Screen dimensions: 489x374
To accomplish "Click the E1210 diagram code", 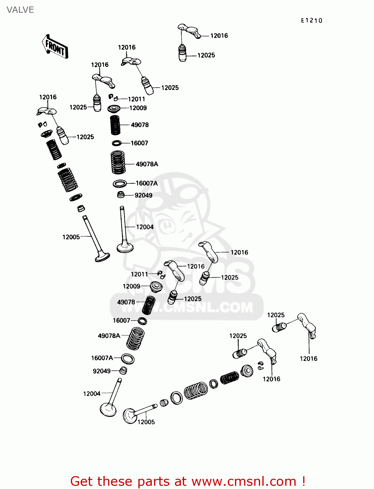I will point(311,21).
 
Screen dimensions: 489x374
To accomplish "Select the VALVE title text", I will point(20,10).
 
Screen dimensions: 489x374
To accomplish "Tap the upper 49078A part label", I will point(147,164).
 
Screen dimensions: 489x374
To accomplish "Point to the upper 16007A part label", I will point(147,183).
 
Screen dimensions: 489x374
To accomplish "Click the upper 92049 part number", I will point(143,195).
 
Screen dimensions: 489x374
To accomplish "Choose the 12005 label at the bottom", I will point(146,422).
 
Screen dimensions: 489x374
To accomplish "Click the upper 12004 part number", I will point(145,227).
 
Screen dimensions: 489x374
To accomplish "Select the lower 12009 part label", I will point(131,286).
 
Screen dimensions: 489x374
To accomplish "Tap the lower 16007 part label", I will point(121,320).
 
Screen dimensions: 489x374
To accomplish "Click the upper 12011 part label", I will point(136,99).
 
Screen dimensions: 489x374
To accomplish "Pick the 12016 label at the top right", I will point(219,36).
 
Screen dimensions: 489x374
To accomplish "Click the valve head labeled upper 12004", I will point(125,248).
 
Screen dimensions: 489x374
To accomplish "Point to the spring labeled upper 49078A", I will point(118,162).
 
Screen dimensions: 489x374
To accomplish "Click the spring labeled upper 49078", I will point(115,125).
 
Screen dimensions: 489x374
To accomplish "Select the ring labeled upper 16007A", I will point(120,184).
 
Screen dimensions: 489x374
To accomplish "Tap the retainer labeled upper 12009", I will point(114,108).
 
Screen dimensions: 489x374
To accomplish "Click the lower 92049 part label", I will point(101,371).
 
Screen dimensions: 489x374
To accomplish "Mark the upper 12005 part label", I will point(71,237).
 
